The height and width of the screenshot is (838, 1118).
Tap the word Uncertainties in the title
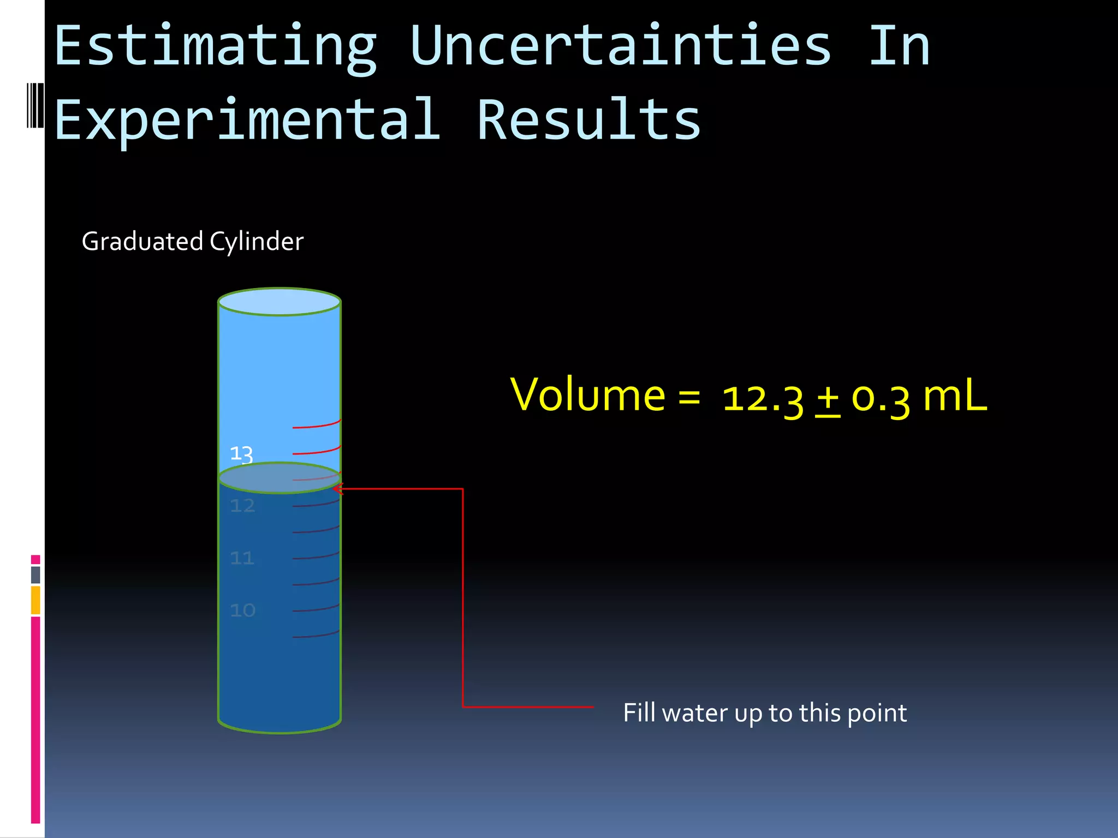click(x=621, y=47)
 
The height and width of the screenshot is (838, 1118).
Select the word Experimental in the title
click(x=247, y=120)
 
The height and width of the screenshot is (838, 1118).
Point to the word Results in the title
click(x=588, y=120)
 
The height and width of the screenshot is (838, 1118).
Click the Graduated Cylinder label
click(x=192, y=242)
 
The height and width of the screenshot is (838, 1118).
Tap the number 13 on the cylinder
click(x=241, y=454)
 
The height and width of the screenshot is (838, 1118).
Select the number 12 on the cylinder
click(x=242, y=506)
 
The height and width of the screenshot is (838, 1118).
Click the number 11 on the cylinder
click(x=242, y=558)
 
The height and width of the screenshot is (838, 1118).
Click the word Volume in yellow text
click(x=587, y=394)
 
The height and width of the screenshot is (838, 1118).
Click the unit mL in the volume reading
click(x=955, y=395)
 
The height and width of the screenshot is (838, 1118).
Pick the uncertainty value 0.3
click(x=881, y=399)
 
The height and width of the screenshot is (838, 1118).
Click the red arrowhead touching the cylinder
click(x=337, y=489)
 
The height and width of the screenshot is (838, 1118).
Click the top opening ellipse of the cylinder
click(x=279, y=302)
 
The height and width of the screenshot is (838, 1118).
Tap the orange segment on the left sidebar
click(x=35, y=600)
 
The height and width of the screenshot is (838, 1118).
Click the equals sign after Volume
click(x=689, y=397)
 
